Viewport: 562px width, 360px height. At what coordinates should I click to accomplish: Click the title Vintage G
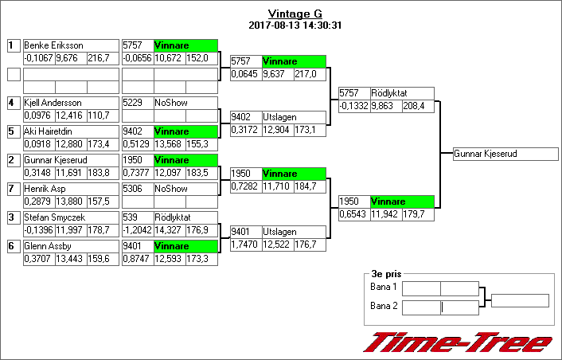coord(295,14)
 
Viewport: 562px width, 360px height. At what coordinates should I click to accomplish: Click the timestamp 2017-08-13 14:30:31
coord(295,25)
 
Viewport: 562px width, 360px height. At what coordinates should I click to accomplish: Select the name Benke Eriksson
coord(54,45)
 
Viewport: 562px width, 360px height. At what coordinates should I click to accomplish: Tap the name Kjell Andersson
coord(54,103)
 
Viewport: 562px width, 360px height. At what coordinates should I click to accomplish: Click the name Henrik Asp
coord(47,189)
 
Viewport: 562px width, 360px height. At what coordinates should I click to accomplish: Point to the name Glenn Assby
coord(50,246)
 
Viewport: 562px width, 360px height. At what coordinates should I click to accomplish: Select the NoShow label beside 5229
coord(170,103)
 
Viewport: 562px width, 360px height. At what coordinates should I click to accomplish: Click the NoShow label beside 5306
coord(170,189)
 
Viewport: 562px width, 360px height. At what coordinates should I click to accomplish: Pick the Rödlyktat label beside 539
coord(174,217)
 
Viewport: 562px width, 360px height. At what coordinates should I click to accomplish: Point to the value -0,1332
coord(353,106)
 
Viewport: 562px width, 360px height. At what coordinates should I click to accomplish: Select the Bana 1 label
coord(384,287)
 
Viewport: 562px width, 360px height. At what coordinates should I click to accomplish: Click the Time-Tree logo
coord(458,342)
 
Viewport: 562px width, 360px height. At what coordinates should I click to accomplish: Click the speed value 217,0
coord(306,74)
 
